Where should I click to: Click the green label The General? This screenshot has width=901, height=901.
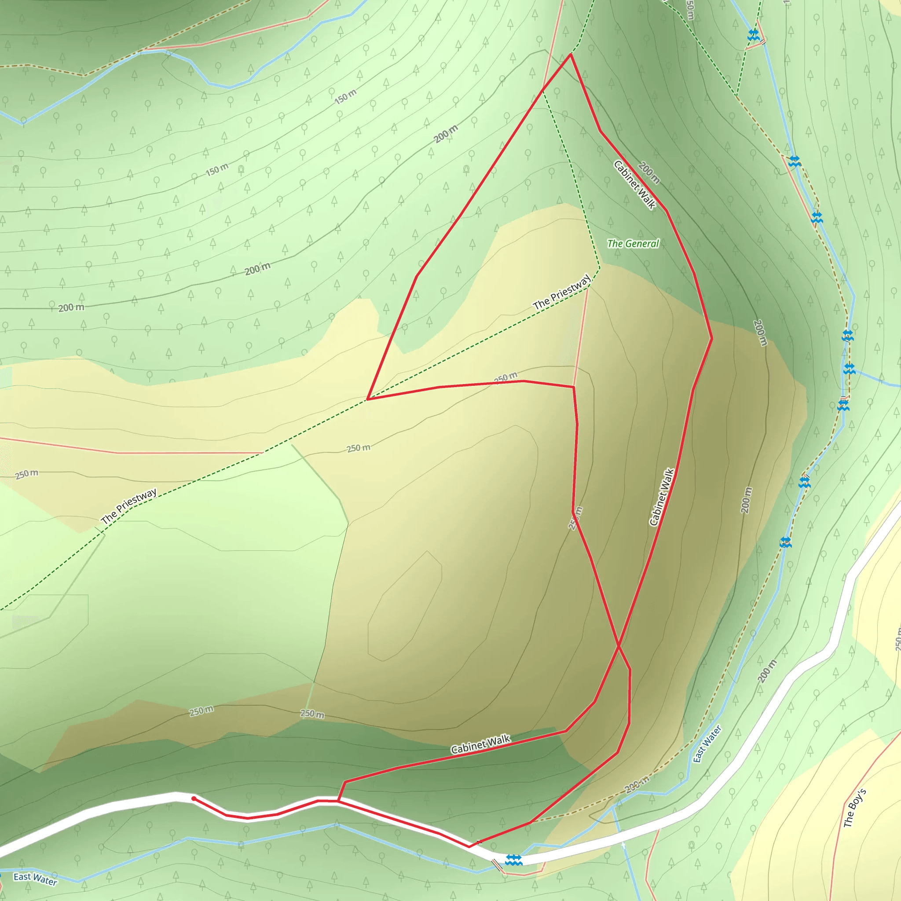tap(633, 243)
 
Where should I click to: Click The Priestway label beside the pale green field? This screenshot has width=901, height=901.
tap(129, 506)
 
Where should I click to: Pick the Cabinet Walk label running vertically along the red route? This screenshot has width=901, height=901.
tap(661, 497)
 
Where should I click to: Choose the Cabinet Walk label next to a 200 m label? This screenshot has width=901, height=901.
tap(634, 185)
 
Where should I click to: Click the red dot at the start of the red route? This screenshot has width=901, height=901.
tap(194, 799)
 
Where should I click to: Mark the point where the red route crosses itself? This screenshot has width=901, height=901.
tap(619, 646)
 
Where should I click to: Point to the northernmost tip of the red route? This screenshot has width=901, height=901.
tap(570, 55)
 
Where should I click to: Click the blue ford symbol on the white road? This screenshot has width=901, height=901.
tap(513, 860)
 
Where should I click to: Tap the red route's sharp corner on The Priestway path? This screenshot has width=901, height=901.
tap(367, 399)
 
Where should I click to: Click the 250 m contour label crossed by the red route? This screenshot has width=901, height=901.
tap(575, 518)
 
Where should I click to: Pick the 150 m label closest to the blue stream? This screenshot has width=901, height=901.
tap(345, 96)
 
